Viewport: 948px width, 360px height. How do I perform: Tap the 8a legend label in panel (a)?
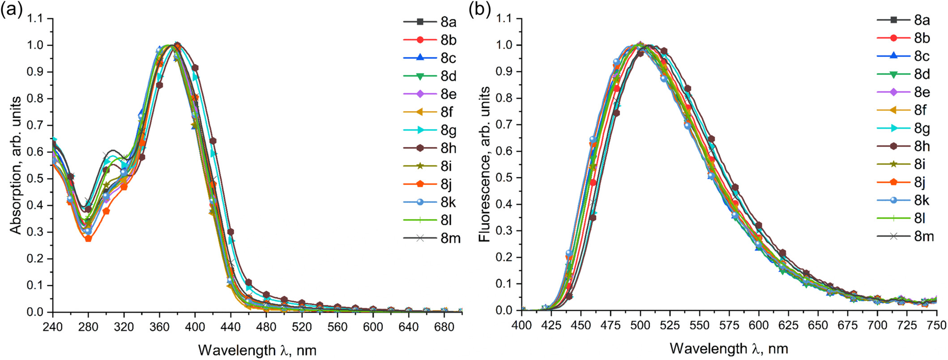click(448, 22)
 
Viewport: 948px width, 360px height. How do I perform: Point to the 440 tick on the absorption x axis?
click(230, 326)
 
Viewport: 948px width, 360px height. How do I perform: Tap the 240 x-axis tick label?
click(53, 326)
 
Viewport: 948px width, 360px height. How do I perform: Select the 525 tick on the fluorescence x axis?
click(670, 326)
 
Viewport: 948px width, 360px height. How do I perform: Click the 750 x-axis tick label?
click(936, 326)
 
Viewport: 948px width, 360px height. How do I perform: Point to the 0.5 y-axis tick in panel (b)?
click(505, 178)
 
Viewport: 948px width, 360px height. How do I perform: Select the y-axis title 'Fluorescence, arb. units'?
click(484, 165)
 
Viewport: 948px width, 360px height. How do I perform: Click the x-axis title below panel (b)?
click(729, 348)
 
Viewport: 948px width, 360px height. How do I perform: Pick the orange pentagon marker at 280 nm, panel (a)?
click(88, 238)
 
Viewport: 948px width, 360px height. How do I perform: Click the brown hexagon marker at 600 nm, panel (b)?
click(759, 226)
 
